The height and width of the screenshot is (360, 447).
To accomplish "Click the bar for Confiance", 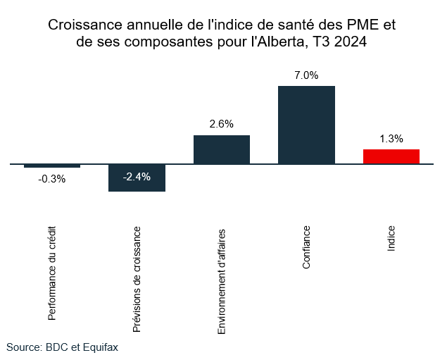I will [306, 125].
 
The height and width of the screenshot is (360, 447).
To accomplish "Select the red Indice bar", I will [391, 156].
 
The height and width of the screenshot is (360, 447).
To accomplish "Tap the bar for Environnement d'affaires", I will [222, 149].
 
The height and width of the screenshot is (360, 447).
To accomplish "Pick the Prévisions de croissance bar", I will [137, 178].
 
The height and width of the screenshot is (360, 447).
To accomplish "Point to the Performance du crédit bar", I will [52, 166].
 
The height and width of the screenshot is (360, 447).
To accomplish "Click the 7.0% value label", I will [306, 75].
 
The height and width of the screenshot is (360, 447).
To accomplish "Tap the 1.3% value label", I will [391, 139].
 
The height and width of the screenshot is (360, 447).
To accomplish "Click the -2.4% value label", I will [137, 177].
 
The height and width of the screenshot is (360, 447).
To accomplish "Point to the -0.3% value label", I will [52, 179].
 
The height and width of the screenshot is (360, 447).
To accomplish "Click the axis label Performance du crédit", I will [52, 273].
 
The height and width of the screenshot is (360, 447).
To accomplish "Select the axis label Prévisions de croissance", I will [137, 278].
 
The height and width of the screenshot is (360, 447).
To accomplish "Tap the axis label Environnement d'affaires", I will [222, 280].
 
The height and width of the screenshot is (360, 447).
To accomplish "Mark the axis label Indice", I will [391, 240].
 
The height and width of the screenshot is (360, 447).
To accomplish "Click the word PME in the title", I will [360, 25].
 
